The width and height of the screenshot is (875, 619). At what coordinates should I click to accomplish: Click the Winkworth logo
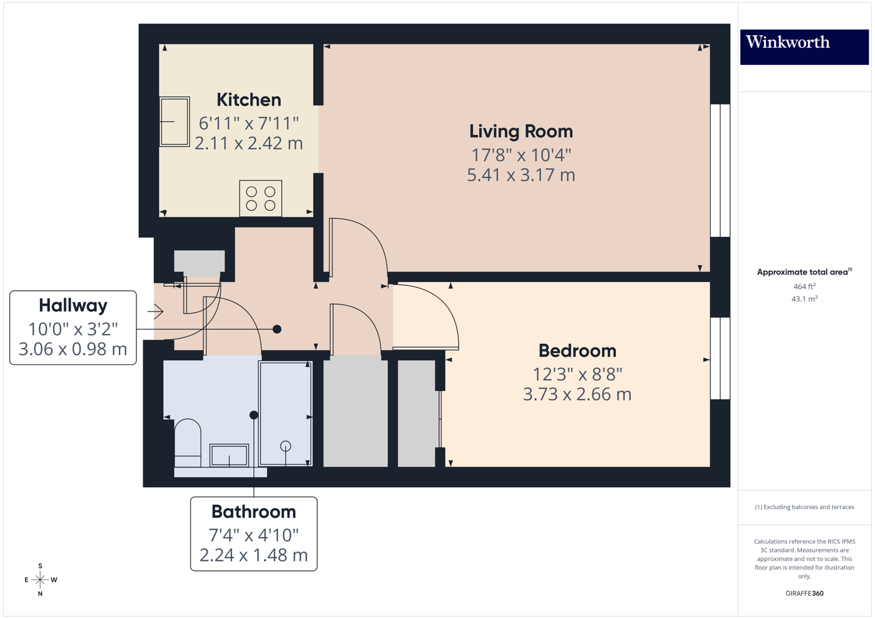click(804, 44)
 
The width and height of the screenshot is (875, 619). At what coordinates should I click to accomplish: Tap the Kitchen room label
click(248, 100)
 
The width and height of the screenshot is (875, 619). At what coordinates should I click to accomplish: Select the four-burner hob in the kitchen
click(261, 198)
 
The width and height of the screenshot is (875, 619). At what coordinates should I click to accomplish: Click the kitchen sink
click(175, 121)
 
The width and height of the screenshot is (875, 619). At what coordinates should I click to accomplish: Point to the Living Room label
click(521, 131)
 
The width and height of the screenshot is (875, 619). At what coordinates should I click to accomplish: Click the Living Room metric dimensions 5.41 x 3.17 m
click(521, 175)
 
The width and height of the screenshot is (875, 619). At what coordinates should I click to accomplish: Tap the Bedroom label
click(577, 351)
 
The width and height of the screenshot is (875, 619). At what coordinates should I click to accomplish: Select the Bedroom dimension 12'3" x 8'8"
click(577, 374)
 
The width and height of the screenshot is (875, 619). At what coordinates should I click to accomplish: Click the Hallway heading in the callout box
click(73, 306)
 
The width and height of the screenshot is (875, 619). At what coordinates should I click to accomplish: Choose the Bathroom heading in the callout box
click(253, 512)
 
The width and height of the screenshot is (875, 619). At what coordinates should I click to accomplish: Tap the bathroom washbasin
click(229, 455)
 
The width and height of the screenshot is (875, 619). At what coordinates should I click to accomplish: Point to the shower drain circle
click(286, 446)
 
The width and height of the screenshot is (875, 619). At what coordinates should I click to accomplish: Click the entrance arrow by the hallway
click(156, 311)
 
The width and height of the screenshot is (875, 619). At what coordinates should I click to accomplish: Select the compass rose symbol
click(40, 580)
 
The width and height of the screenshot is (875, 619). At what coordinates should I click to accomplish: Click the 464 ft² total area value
click(804, 286)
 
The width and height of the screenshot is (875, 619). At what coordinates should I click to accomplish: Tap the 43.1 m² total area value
click(804, 299)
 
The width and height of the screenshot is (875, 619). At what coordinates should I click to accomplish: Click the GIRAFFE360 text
click(804, 593)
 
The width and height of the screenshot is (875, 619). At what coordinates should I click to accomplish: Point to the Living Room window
click(720, 170)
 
